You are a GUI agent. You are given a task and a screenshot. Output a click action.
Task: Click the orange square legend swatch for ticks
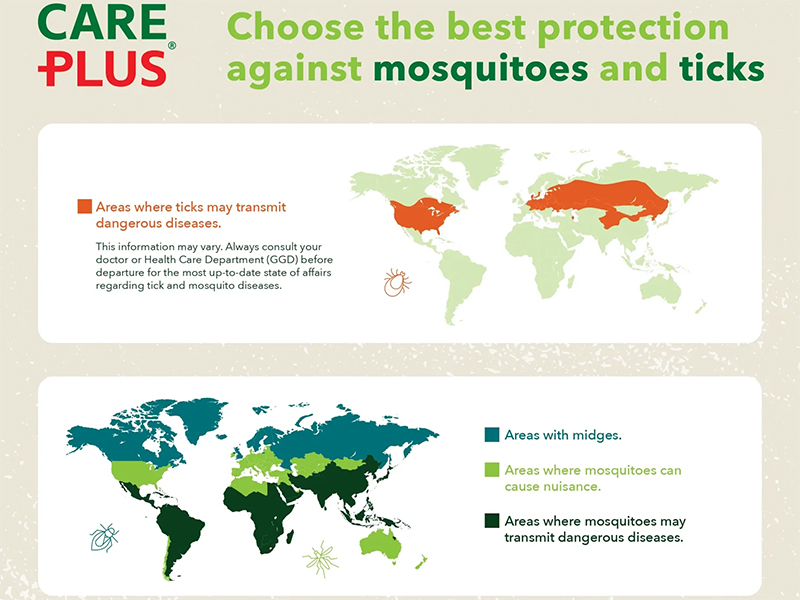(85, 207)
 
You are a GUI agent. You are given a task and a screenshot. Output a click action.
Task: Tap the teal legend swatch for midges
(491, 435)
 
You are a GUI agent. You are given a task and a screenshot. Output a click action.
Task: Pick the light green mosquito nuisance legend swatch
(491, 470)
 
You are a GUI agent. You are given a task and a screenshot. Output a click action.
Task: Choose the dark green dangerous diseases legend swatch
(491, 521)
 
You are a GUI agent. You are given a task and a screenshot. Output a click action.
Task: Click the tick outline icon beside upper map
(398, 283)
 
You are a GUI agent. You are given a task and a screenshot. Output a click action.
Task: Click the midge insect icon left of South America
(104, 537)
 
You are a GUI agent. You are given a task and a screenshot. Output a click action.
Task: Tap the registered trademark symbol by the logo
(171, 46)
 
